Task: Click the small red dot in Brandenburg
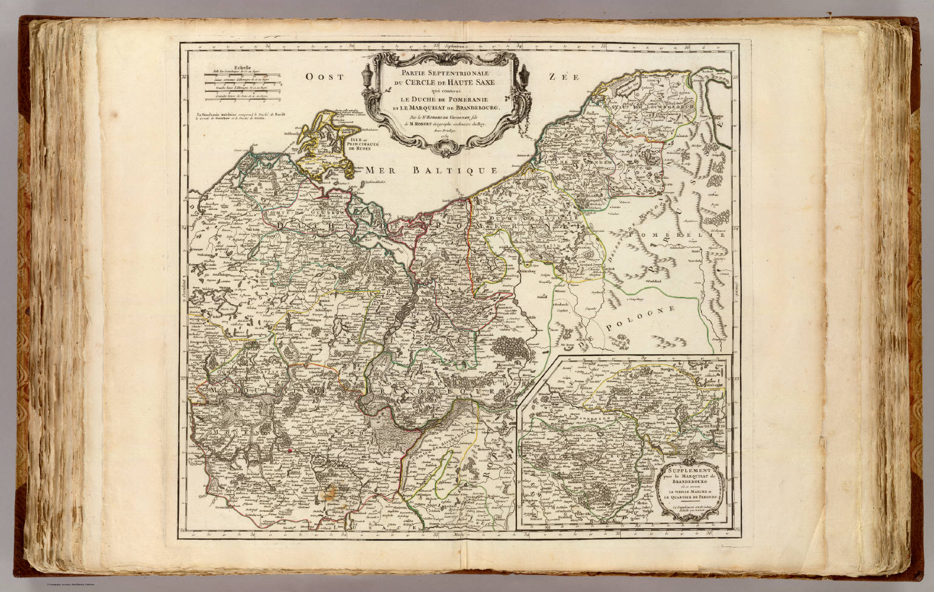[x=290, y=450]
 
